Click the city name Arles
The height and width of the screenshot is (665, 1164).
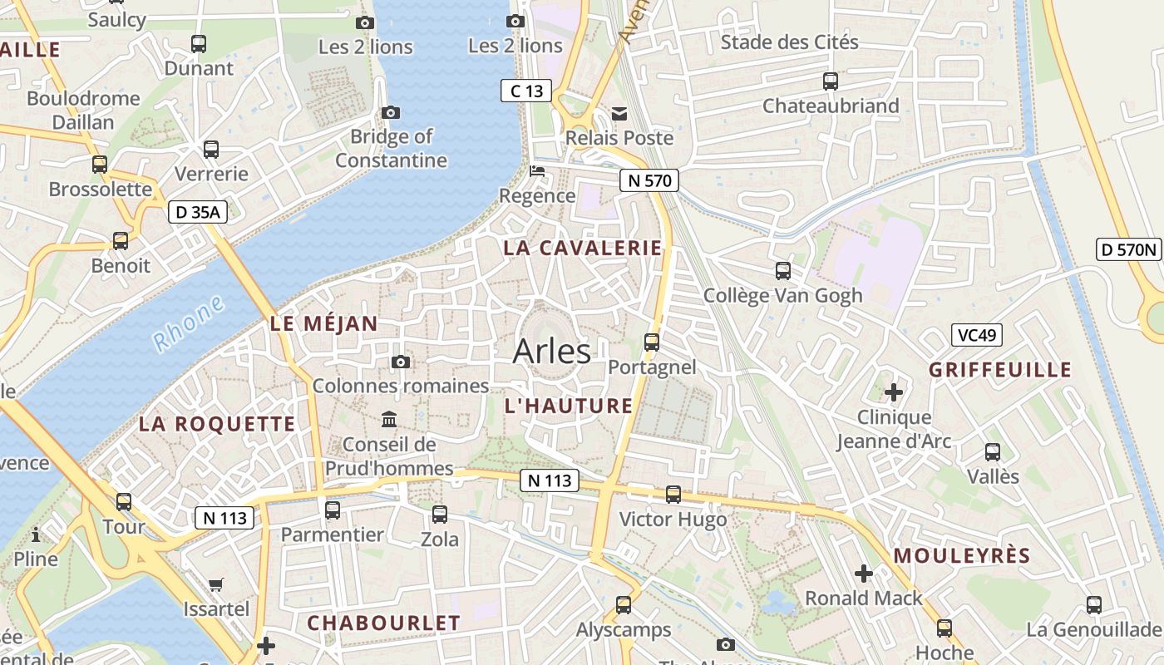[552, 351]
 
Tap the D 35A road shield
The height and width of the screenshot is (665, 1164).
[197, 212]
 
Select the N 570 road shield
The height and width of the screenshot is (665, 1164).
[649, 180]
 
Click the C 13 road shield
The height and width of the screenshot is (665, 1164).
[526, 91]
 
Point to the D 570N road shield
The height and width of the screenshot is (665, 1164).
[1128, 249]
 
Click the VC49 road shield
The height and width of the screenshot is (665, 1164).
[977, 335]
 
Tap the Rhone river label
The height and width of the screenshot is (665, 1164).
[189, 323]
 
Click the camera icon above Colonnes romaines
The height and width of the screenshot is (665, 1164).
[401, 362]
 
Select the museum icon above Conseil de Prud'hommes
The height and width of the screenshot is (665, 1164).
[389, 419]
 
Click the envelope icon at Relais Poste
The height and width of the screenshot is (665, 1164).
[619, 113]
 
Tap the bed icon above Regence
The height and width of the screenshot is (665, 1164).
[538, 172]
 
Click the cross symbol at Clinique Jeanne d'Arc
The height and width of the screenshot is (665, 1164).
[894, 392]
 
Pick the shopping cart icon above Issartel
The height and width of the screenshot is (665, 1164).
[216, 584]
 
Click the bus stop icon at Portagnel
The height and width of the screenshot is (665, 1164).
[652, 342]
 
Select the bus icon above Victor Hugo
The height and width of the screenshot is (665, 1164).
[673, 495]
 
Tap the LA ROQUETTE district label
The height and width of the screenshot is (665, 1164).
[217, 424]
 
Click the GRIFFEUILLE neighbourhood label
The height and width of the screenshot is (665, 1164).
[1000, 370]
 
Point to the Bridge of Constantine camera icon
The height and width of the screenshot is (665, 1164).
[391, 112]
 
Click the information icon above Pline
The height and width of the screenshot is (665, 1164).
[36, 534]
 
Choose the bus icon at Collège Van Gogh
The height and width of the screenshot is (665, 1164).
[783, 270]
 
